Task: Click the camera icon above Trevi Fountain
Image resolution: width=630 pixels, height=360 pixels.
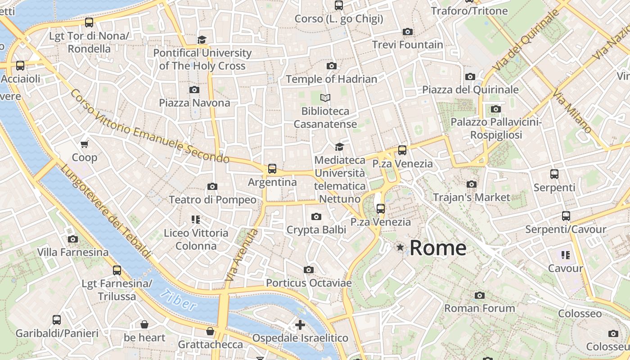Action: click(408, 31)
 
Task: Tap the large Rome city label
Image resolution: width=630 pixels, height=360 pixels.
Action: click(438, 248)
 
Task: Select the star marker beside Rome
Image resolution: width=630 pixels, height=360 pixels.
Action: click(400, 247)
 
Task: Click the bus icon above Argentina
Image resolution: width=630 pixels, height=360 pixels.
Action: click(272, 169)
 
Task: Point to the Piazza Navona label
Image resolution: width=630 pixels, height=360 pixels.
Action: click(194, 103)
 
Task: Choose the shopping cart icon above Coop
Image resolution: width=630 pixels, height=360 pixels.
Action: click(85, 144)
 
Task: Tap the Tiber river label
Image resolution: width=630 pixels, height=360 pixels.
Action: click(178, 300)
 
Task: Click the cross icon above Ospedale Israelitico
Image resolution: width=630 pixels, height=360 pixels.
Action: click(300, 324)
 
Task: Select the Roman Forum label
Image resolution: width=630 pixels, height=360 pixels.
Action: click(480, 308)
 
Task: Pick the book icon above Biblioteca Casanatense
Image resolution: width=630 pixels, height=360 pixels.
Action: click(325, 98)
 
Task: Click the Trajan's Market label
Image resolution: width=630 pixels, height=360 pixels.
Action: click(472, 197)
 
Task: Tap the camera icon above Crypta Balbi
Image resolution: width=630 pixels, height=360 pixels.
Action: click(316, 217)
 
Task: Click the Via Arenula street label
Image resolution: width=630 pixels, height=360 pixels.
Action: click(242, 256)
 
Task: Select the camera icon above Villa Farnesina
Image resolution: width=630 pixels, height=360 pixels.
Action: click(73, 239)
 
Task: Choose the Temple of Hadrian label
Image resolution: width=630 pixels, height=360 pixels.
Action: click(332, 79)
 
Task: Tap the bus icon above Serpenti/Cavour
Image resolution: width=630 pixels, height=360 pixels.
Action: click(566, 216)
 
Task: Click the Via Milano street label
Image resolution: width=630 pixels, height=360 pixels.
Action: click(573, 112)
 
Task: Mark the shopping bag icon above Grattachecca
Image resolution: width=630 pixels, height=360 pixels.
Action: click(210, 332)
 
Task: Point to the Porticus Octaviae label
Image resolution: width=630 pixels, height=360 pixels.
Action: click(309, 283)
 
